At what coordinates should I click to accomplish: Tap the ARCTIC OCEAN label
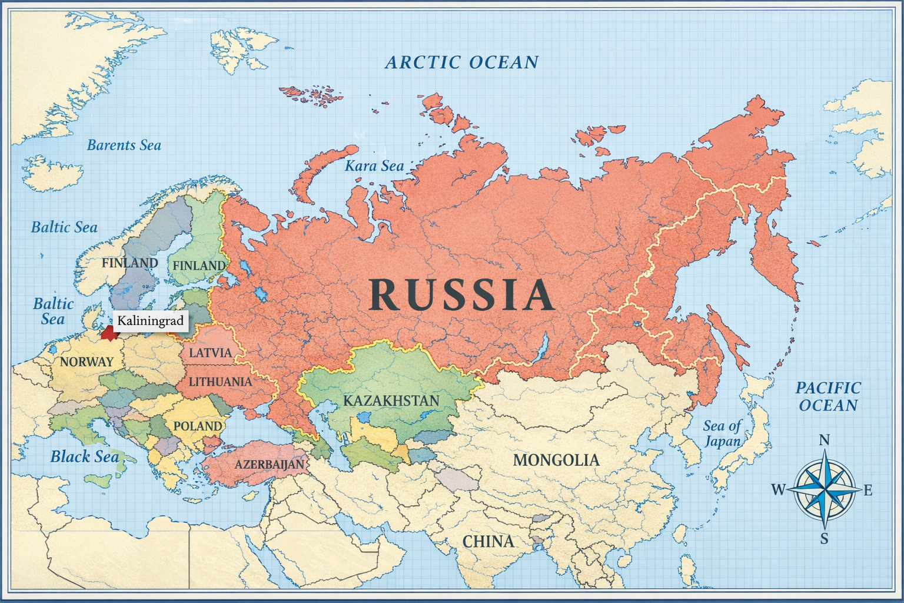coord(461,62)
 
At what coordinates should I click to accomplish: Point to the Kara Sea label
coord(374,166)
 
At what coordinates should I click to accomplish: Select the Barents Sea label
coord(124,145)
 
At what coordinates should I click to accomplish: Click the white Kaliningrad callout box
coord(150,321)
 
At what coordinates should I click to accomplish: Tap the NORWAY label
coord(87,362)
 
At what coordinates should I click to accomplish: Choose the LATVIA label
coord(210,353)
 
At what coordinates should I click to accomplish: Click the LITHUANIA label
coord(220,382)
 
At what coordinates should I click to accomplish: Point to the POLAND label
coord(198,426)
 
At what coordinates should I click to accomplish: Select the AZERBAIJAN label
coord(270,465)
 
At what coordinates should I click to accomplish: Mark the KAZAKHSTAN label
coord(391,401)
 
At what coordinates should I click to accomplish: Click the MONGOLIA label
coord(556,460)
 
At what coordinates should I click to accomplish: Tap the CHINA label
coord(488,541)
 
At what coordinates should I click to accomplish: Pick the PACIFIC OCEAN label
coord(828,396)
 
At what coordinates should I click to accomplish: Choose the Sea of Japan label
coord(722,433)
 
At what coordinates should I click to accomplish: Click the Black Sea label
coord(84,456)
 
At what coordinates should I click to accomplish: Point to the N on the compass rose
coord(825,440)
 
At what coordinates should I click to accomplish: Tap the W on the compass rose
coord(778,489)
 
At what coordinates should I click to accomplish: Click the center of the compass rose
coord(825,489)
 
